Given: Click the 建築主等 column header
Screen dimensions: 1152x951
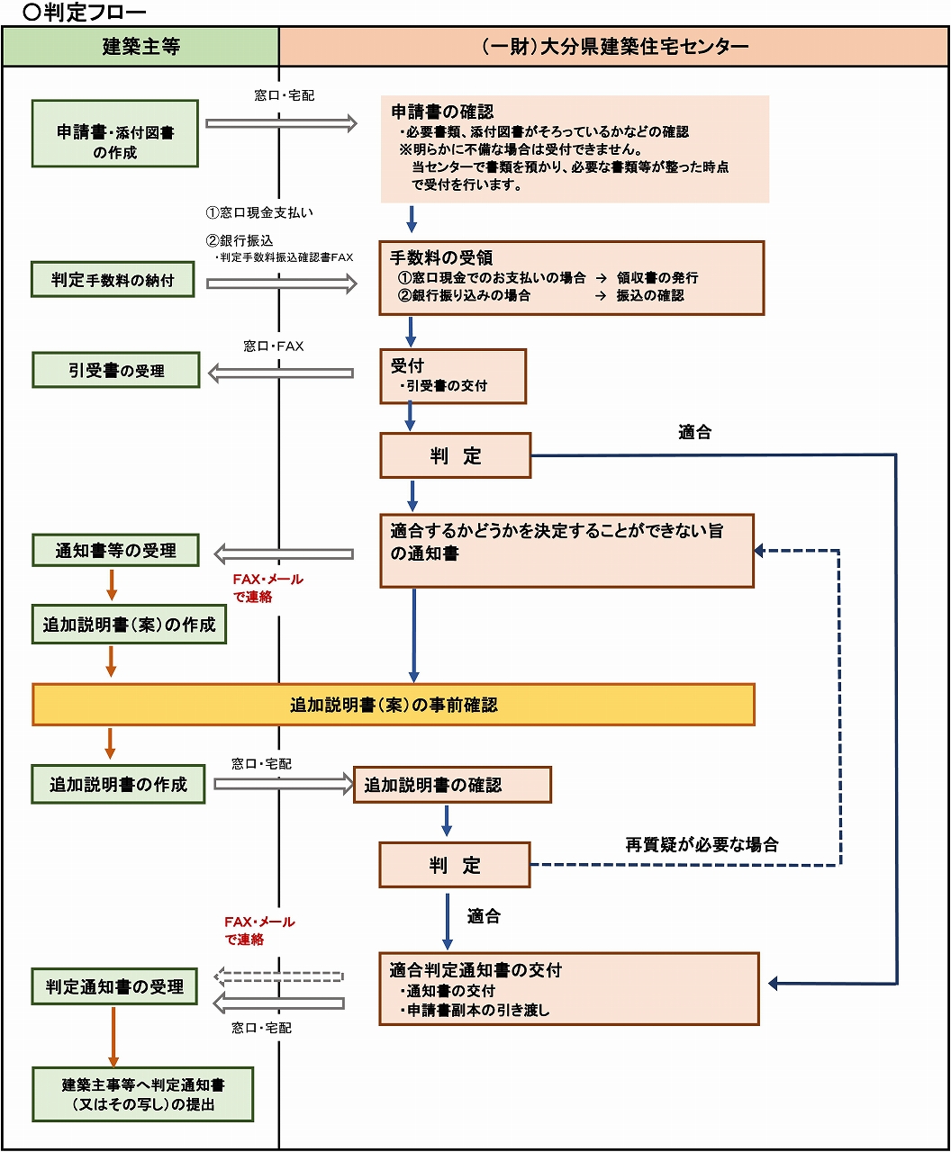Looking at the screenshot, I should [140, 47].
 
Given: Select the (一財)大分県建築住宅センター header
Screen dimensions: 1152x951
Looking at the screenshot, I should [614, 47].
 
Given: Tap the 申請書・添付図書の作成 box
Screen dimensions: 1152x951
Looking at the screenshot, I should [115, 133].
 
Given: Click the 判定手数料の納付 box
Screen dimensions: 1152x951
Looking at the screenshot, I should [113, 280].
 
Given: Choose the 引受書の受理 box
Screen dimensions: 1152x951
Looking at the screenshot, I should [116, 370].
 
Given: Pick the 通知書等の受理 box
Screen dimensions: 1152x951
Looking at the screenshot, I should [115, 550].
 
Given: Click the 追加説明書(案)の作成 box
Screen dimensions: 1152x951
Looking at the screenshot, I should [129, 625].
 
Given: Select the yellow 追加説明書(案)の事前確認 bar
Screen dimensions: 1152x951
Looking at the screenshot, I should [394, 705].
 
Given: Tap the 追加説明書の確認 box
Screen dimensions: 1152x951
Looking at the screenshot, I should [452, 785].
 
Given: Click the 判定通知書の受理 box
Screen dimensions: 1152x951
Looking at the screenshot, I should [114, 986].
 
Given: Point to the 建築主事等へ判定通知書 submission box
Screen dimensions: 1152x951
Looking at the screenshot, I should [143, 1094].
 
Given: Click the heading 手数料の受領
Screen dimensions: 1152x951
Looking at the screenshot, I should [441, 257].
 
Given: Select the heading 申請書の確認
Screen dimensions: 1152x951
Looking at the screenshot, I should [442, 112].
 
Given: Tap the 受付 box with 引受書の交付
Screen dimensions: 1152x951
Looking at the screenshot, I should [453, 376].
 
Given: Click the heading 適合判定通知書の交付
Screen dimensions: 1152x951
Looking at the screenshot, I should [475, 970].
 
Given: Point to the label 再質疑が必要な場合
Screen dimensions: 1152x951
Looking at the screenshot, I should [702, 844].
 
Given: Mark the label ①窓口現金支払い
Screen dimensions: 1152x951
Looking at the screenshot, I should [259, 213].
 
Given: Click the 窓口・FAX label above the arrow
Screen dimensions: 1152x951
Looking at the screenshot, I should [274, 346].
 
